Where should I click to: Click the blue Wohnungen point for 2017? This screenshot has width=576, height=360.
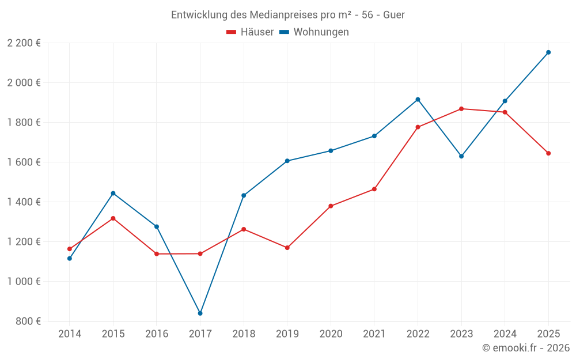click(x=200, y=313)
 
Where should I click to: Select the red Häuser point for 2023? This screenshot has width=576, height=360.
click(x=461, y=109)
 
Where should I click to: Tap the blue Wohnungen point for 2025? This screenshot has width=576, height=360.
click(x=548, y=52)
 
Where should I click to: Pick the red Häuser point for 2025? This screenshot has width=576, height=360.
click(x=548, y=153)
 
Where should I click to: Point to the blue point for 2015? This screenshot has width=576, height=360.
click(x=113, y=193)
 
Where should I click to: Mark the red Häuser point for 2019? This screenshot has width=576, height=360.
click(x=287, y=248)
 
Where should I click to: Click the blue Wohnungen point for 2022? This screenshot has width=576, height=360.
click(x=418, y=100)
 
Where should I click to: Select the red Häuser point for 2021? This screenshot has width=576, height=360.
click(x=374, y=189)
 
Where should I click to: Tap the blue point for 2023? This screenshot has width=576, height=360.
click(x=461, y=156)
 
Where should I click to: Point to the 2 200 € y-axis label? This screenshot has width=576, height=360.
click(x=24, y=43)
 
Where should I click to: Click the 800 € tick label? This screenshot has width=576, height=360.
click(x=28, y=321)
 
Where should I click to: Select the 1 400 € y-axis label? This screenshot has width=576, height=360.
click(x=24, y=202)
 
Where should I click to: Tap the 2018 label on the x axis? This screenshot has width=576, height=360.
click(x=244, y=334)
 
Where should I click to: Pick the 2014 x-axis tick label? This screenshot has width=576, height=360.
click(x=70, y=334)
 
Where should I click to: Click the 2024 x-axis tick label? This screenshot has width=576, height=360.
click(x=505, y=334)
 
